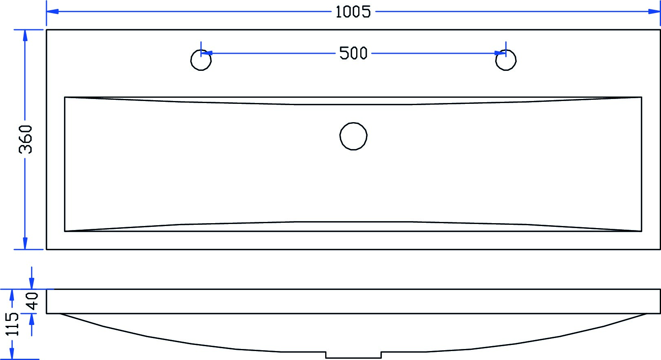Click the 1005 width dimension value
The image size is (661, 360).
click(x=353, y=12)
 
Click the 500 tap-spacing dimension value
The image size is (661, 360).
click(x=353, y=53)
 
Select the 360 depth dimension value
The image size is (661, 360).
click(x=25, y=139)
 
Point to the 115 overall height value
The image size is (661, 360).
click(x=13, y=324)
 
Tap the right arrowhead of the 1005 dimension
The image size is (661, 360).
click(x=654, y=11)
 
